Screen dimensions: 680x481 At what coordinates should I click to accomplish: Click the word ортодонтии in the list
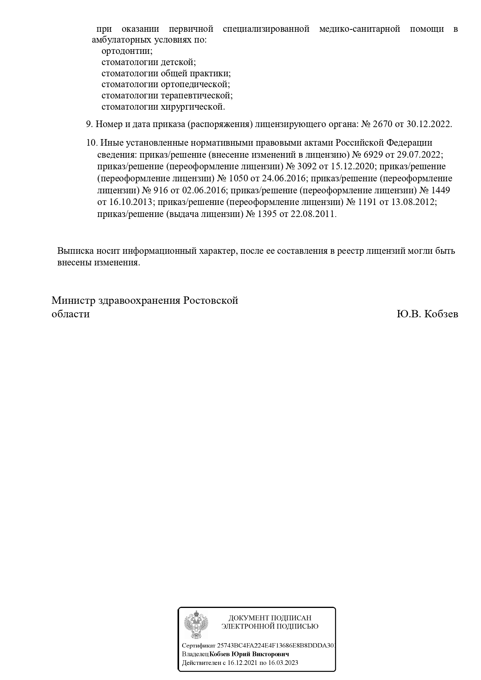[x=127, y=51]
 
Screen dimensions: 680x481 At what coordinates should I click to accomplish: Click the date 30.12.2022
[x=429, y=124]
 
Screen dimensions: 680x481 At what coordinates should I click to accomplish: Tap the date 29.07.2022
[x=420, y=155]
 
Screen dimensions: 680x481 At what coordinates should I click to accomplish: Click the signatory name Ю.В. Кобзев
[x=427, y=314]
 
